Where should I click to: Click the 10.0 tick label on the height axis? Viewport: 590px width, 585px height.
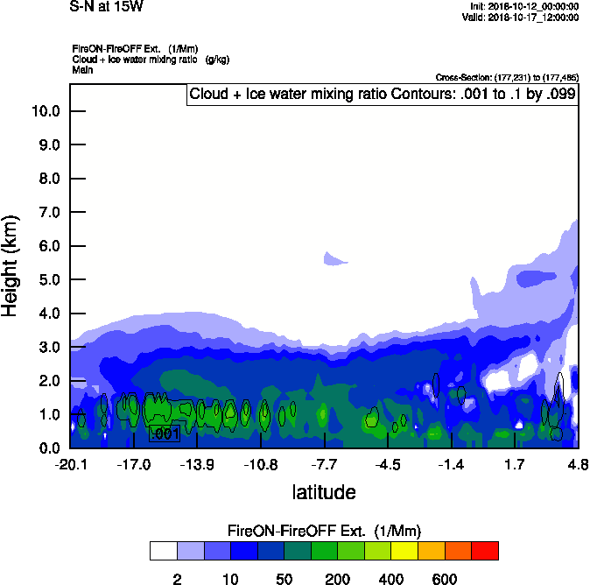point(45,111)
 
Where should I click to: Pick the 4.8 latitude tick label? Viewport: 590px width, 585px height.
point(578,463)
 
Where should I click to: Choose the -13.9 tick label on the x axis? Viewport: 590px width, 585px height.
point(198,463)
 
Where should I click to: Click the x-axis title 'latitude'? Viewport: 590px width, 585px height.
point(323,492)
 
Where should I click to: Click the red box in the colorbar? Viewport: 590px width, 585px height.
point(485,551)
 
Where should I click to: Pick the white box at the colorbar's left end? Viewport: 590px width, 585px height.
point(163,551)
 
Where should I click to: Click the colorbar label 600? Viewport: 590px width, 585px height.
point(445,579)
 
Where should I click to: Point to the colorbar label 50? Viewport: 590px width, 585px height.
point(284,579)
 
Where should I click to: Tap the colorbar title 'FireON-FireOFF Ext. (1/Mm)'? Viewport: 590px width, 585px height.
point(324,531)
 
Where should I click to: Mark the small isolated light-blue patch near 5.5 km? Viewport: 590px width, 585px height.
point(335,258)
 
